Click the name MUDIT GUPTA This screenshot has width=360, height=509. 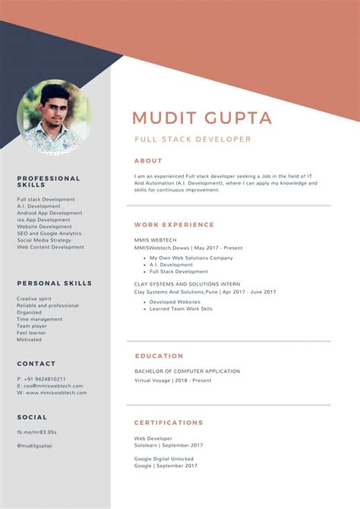tap(202, 118)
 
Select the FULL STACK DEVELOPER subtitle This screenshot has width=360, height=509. tap(192, 140)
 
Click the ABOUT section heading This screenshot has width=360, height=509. tap(148, 161)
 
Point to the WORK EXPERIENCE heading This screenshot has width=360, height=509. tap(174, 225)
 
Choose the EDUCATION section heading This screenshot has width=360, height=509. tap(159, 356)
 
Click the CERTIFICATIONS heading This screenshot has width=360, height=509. tap(169, 422)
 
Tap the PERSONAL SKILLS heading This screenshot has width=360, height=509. tap(54, 283)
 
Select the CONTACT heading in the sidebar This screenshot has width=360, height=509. tap(36, 364)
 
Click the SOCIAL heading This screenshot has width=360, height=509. tap(32, 417)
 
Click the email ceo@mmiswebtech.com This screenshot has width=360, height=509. tap(49, 386)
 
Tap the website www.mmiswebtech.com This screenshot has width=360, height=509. tap(52, 393)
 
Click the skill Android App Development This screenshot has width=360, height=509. tap(49, 213)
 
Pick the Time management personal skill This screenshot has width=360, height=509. tap(39, 319)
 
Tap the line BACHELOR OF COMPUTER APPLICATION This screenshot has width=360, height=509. tap(187, 371)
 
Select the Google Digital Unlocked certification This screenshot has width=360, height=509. tap(163, 459)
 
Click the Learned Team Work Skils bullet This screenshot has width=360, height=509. tap(181, 308)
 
